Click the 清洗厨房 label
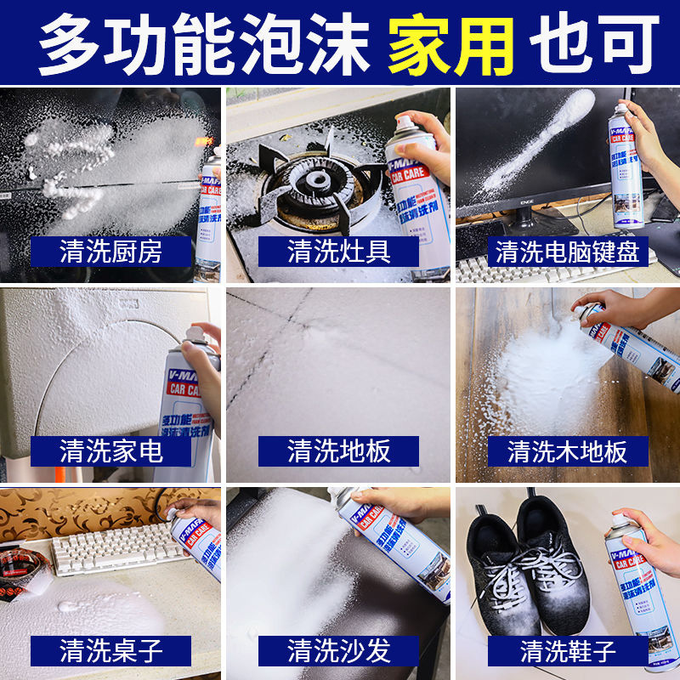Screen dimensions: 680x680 110,251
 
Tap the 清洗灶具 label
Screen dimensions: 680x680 338,251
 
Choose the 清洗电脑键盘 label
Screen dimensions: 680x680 568,251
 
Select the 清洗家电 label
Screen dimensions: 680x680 110,450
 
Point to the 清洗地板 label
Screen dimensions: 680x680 338,450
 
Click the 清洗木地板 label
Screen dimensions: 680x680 568,450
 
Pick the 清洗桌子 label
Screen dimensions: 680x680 110,651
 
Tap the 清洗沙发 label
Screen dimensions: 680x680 338,651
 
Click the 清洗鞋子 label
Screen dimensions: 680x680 568,651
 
